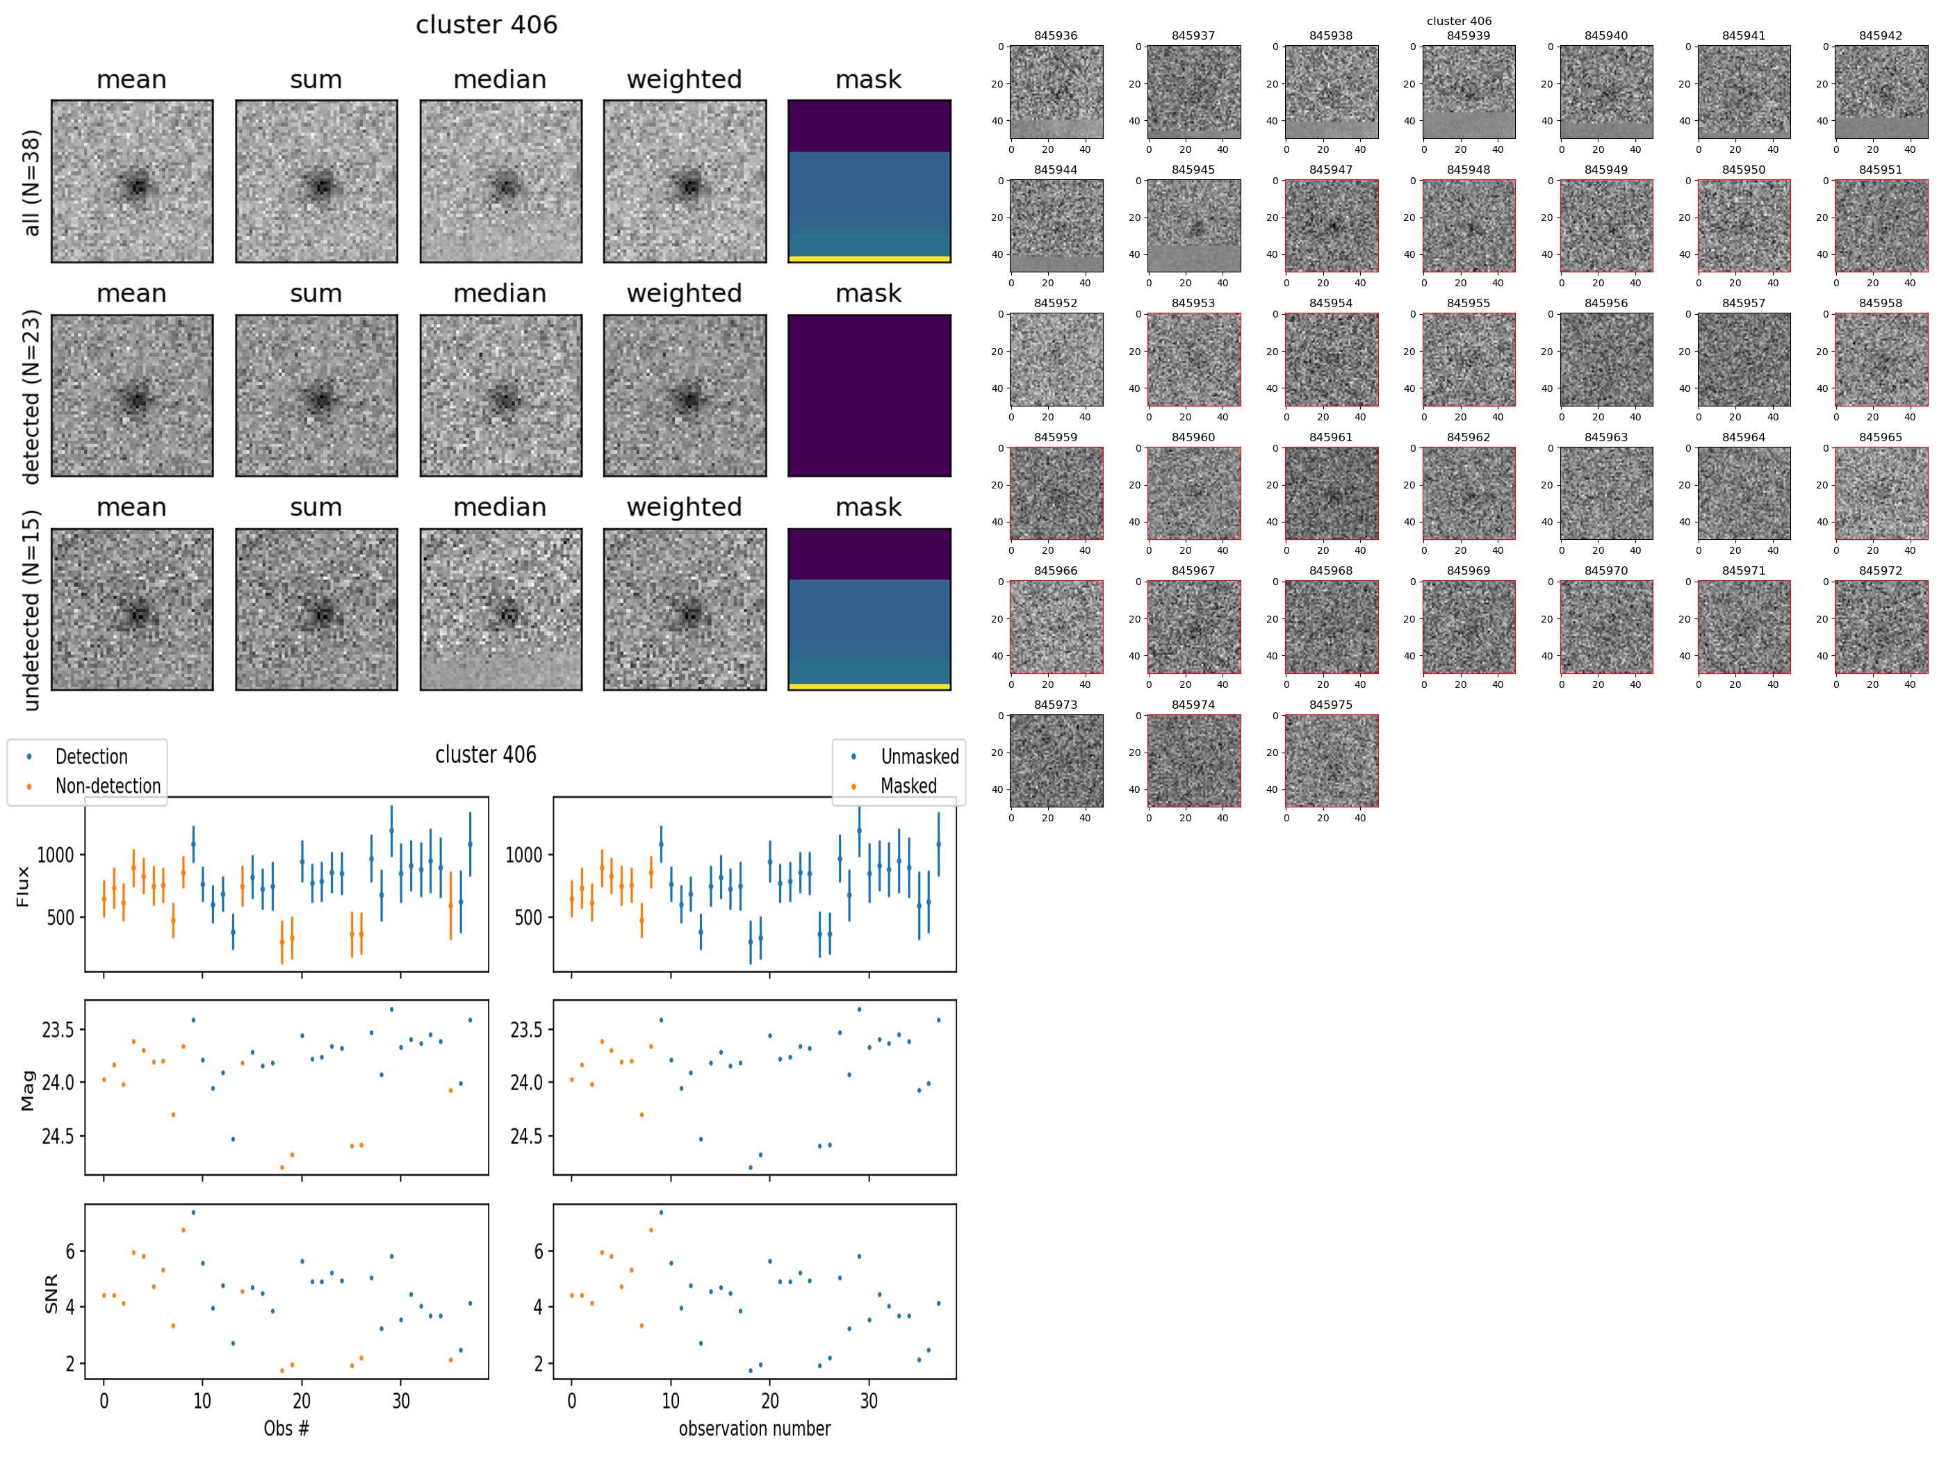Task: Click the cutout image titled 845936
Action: coord(1056,92)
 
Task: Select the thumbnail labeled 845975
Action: coord(1331,760)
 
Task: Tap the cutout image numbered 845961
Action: coord(1331,493)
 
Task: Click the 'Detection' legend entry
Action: coord(90,757)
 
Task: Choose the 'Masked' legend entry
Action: coord(908,785)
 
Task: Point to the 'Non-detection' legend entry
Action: coord(107,785)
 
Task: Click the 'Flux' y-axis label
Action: coord(23,886)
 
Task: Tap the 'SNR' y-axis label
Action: coord(51,1293)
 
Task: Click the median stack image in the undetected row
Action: coord(500,609)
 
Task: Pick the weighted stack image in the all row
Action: coord(685,181)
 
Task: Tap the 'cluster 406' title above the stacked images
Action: coord(486,24)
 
